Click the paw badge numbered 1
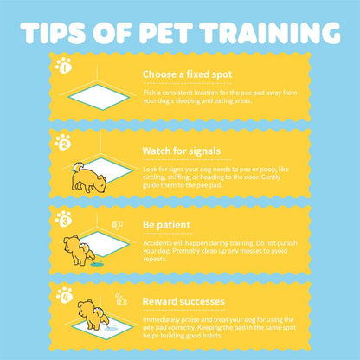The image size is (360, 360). pos(62,65)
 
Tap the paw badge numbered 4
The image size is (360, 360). pos(62,294)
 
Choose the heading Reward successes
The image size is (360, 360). pos(183,302)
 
